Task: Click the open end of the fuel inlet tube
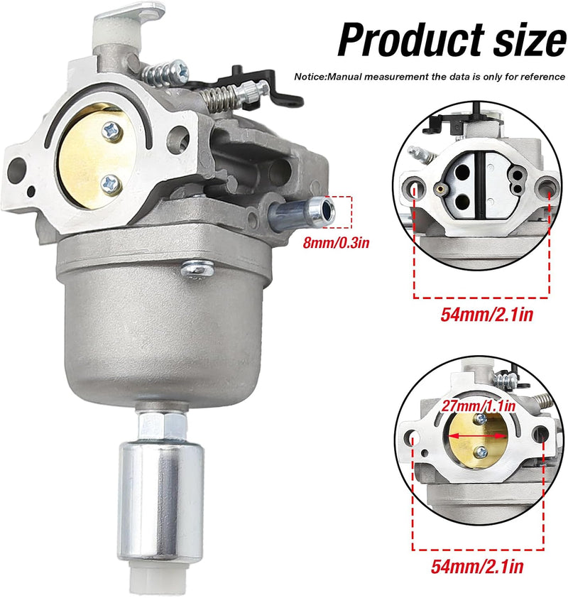point(324,212)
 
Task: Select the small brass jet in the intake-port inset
point(440,187)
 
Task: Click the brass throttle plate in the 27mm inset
point(477,444)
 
